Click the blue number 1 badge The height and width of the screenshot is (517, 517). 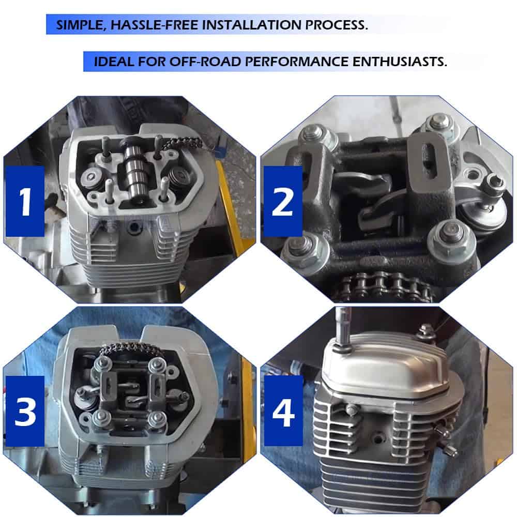pyautogui.click(x=25, y=201)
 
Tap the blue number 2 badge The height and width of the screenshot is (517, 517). pyautogui.click(x=283, y=201)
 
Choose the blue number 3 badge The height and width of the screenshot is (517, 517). pyautogui.click(x=25, y=411)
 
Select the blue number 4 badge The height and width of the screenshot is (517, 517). pyautogui.click(x=283, y=411)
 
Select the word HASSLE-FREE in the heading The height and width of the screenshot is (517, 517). pyautogui.click(x=154, y=25)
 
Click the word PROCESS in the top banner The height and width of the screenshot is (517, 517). pyautogui.click(x=337, y=24)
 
